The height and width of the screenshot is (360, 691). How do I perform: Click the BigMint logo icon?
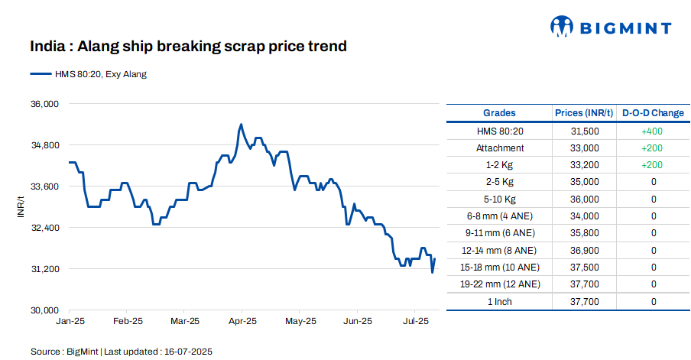pos(562,27)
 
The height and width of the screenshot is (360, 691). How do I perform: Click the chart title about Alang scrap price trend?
pos(188,47)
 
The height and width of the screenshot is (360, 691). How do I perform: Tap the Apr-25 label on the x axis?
pos(242,322)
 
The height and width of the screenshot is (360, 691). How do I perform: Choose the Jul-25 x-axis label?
pos(415,322)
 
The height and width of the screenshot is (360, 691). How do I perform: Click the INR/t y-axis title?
pos(22,207)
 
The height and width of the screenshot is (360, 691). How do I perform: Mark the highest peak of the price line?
pos(241,124)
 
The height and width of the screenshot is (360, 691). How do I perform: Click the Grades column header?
pos(499,113)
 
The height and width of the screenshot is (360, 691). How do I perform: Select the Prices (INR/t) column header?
pos(584,113)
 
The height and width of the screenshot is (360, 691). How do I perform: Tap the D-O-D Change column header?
pos(653,113)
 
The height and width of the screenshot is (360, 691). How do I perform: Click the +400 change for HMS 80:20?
pos(653,131)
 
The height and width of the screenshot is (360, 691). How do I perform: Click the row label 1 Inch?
pos(499,301)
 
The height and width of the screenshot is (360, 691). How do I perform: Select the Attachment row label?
pos(499,148)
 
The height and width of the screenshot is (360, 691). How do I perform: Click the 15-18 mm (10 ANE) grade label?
pos(499,267)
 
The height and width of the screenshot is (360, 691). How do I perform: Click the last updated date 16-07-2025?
pos(188,352)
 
